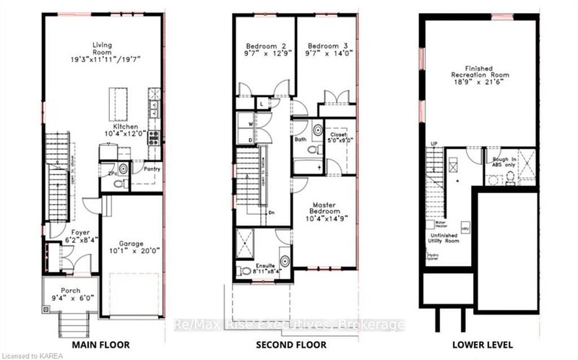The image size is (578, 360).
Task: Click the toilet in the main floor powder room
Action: pyautogui.click(x=123, y=169)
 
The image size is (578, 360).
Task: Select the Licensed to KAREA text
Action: pyautogui.click(x=32, y=354)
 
